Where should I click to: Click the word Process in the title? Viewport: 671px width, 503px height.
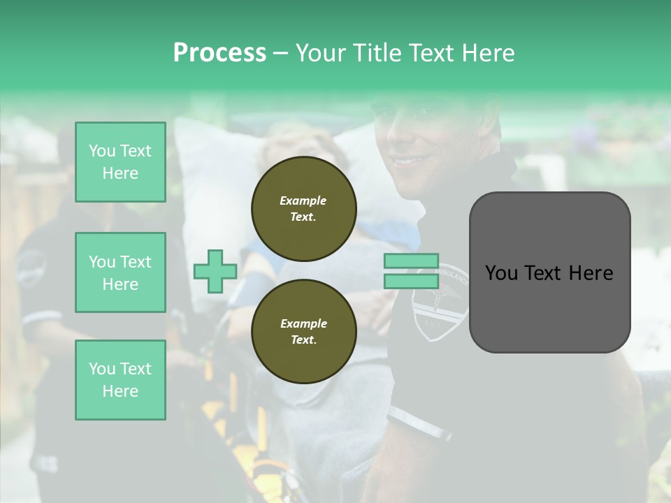[219, 53]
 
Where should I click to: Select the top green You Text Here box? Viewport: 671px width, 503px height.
[120, 162]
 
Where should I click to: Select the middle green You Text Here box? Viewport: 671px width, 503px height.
[120, 272]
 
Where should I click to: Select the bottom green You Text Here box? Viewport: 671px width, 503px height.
[120, 380]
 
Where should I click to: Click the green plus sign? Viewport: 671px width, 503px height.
[215, 271]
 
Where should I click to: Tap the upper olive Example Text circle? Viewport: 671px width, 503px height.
[303, 208]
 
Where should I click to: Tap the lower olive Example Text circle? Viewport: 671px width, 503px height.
[303, 331]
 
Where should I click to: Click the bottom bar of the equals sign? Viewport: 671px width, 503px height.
[411, 281]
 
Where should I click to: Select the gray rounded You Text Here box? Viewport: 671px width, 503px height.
[549, 272]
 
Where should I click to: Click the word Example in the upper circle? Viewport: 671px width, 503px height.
[303, 201]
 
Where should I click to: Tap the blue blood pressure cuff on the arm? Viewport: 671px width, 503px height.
[255, 286]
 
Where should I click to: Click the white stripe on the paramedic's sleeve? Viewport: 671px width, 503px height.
[419, 424]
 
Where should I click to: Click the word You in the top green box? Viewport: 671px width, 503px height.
[101, 151]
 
